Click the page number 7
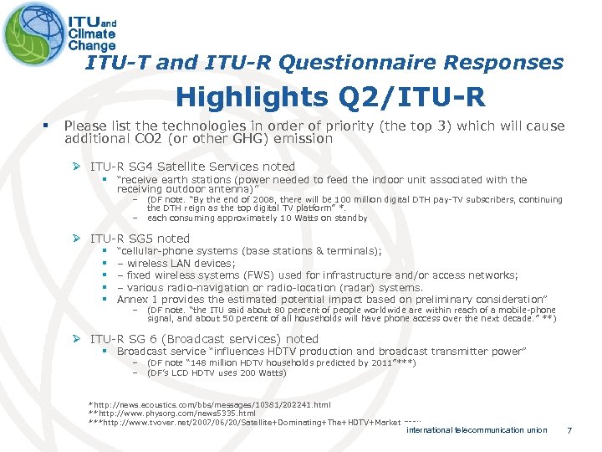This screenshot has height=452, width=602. pos(569,430)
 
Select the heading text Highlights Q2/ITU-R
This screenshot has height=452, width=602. pos(330,98)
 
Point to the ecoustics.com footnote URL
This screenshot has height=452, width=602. pos(209,404)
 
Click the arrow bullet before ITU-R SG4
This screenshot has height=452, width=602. pos(79,167)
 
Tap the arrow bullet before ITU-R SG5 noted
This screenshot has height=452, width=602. pos(79,239)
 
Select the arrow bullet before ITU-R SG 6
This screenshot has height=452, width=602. pos(79,339)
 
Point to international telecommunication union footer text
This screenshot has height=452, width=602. pos(477,430)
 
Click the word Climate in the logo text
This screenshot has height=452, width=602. pos(92,34)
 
